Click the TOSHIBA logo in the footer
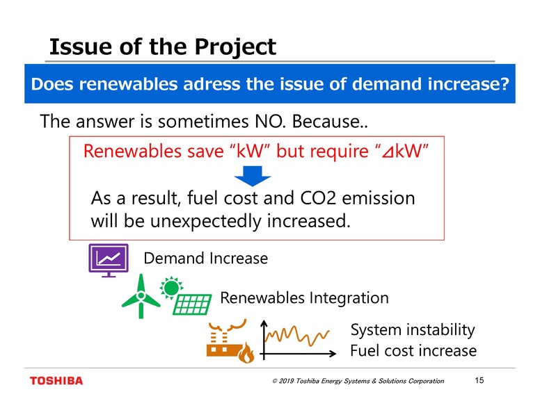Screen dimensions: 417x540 [56, 380]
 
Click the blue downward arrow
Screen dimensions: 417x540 [256, 177]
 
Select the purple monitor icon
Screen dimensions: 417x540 [108, 261]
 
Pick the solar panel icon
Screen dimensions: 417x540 [192, 304]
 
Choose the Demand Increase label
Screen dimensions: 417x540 [205, 259]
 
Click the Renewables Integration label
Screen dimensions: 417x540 [304, 298]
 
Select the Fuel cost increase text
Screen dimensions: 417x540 [413, 350]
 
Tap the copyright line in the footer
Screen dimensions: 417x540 [357, 381]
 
